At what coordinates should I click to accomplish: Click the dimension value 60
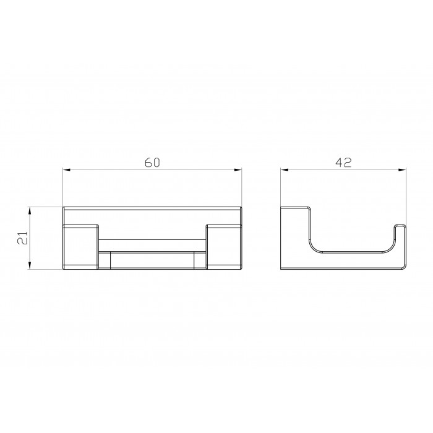tap(152, 162)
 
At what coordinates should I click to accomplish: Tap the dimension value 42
tap(343, 162)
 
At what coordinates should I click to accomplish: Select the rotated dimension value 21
tap(23, 238)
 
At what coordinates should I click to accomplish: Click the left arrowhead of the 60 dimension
tap(67, 169)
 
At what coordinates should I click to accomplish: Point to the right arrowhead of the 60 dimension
tap(238, 169)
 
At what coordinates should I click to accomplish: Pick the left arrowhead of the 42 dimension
tap(285, 170)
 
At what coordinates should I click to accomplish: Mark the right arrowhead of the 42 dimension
tap(402, 170)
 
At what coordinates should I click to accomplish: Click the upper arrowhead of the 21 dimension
tap(30, 211)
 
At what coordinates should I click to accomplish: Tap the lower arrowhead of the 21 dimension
tap(30, 265)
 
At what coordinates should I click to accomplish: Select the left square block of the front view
tap(81, 247)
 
